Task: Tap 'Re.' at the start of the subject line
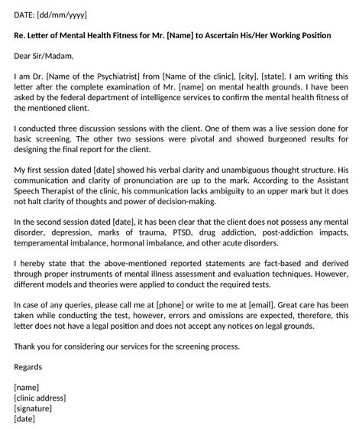click(21, 35)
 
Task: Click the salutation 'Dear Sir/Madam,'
click(47, 55)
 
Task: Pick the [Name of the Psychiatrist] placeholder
click(97, 75)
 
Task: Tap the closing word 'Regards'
click(31, 366)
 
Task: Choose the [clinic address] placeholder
click(40, 398)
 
